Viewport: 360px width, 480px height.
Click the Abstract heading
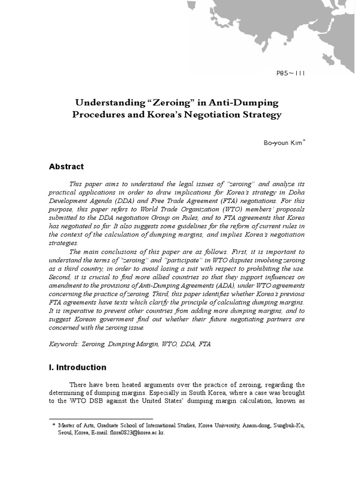(x=67, y=166)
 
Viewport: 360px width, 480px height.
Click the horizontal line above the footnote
(x=101, y=419)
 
